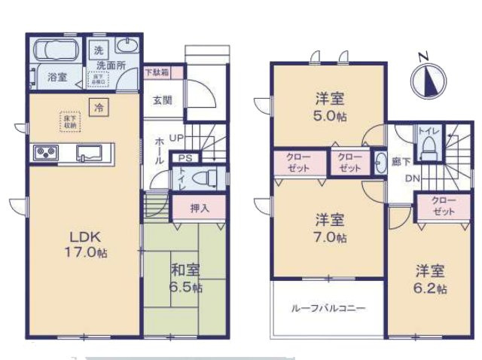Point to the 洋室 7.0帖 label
tap(330, 228)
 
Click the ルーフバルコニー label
tap(328, 308)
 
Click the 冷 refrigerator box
tap(99, 108)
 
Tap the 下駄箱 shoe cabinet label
tap(157, 73)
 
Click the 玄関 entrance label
tap(163, 99)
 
